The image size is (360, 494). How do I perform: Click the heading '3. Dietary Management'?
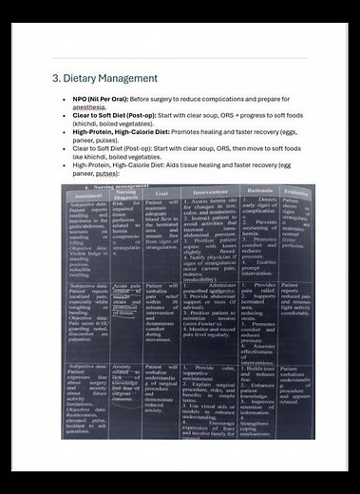pos(105,78)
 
